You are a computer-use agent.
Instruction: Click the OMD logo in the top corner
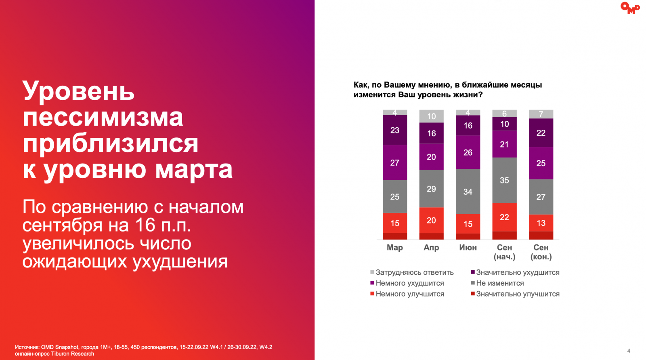[630, 8]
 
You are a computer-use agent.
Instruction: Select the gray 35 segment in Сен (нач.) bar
[504, 180]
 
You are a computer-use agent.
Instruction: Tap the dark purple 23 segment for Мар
[395, 130]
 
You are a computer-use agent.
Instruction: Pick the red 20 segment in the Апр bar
[431, 220]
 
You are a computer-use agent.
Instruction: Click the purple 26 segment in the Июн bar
[468, 152]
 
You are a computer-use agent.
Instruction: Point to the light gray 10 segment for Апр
[431, 116]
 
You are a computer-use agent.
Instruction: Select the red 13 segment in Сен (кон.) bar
[541, 223]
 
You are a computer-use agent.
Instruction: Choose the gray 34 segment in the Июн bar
[468, 192]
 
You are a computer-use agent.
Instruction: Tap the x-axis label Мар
[395, 247]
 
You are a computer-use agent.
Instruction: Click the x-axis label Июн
[468, 247]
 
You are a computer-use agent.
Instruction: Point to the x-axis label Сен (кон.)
[541, 252]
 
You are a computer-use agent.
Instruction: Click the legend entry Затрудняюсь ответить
[414, 272]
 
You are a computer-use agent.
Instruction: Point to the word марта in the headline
[194, 170]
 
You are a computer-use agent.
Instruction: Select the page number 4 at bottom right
[629, 351]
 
